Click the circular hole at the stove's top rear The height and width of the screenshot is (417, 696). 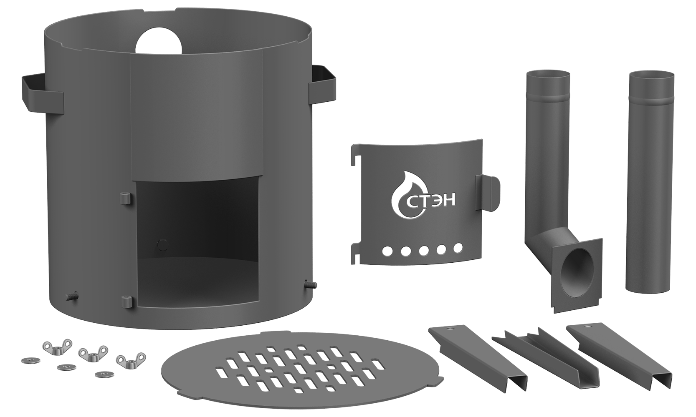click(159, 42)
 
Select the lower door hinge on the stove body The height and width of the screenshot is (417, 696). click(126, 301)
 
